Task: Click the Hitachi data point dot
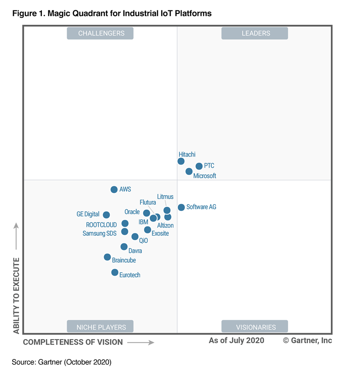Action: pyautogui.click(x=181, y=161)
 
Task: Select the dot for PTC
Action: pyautogui.click(x=199, y=166)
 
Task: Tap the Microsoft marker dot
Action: pyautogui.click(x=189, y=171)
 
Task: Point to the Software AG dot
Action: pyautogui.click(x=181, y=207)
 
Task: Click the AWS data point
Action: pyautogui.click(x=114, y=190)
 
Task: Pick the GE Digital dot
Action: pyautogui.click(x=106, y=215)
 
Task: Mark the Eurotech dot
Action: pyautogui.click(x=115, y=273)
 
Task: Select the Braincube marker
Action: pyautogui.click(x=107, y=257)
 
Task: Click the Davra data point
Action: pyautogui.click(x=124, y=246)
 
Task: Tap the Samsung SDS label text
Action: pyautogui.click(x=99, y=233)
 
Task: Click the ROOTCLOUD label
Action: pyautogui.click(x=101, y=225)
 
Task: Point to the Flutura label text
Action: pyautogui.click(x=148, y=203)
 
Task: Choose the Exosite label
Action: pyautogui.click(x=160, y=233)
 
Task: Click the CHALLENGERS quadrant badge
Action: pyautogui.click(x=101, y=33)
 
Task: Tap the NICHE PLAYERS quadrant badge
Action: pyautogui.click(x=101, y=327)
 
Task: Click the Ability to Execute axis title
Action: pyautogui.click(x=16, y=295)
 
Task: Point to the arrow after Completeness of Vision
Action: pyautogui.click(x=140, y=342)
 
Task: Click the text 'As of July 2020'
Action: pyautogui.click(x=236, y=340)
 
